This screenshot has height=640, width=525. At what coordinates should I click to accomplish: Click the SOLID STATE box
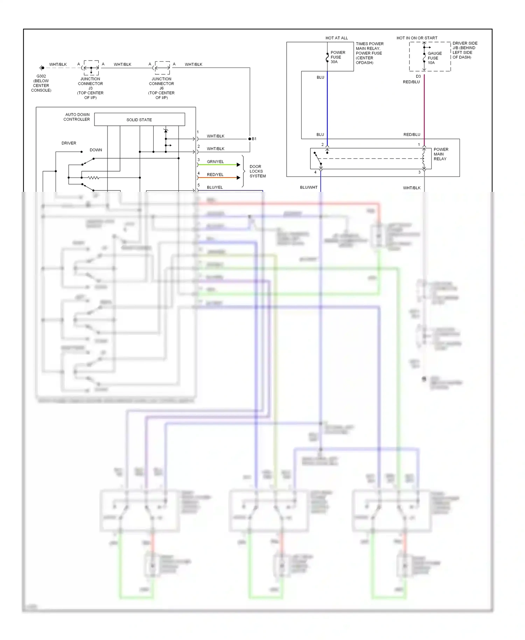[139, 119]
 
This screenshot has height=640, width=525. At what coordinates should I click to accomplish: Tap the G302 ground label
[41, 76]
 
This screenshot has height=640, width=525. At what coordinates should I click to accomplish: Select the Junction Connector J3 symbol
[91, 68]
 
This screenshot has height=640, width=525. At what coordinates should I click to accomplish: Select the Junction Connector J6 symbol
[162, 68]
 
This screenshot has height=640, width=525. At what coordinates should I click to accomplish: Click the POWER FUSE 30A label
[337, 57]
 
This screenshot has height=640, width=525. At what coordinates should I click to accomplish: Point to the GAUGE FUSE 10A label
[434, 58]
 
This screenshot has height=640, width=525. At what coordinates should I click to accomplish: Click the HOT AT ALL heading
[336, 38]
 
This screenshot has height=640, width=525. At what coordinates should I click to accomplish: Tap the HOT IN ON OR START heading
[416, 38]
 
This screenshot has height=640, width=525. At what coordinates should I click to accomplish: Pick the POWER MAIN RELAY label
[441, 154]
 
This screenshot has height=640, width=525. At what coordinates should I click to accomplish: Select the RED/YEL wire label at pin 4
[215, 174]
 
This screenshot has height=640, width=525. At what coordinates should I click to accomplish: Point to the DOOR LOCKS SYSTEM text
[257, 171]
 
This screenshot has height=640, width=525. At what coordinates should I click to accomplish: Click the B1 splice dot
[250, 139]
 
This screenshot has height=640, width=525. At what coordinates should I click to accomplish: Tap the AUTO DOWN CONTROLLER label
[77, 117]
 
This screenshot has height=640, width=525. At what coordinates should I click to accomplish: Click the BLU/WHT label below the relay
[308, 187]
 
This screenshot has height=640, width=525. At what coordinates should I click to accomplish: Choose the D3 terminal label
[418, 76]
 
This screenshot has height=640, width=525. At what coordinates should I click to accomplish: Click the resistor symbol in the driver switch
[93, 178]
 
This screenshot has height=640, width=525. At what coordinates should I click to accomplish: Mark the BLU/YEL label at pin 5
[215, 187]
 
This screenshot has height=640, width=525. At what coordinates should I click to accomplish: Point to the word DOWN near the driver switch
[96, 150]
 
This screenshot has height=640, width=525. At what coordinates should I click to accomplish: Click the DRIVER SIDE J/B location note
[464, 50]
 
